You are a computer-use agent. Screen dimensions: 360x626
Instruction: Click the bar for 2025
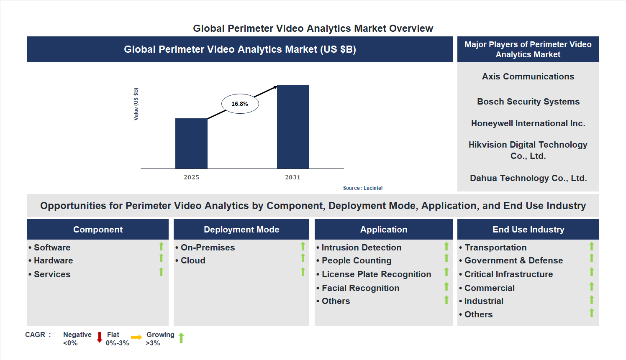(191, 143)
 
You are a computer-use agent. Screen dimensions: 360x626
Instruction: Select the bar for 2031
(293, 127)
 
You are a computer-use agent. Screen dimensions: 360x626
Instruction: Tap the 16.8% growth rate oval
(240, 104)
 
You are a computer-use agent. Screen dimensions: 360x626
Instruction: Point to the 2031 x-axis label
(293, 177)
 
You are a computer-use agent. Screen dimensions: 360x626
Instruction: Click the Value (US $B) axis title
(136, 104)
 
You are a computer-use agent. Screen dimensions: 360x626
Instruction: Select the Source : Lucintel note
(362, 188)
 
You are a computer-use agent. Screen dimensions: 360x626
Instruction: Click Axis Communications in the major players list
(528, 77)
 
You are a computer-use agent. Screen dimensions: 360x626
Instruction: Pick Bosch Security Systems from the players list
(528, 102)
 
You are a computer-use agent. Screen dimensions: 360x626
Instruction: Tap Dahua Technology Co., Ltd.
(528, 178)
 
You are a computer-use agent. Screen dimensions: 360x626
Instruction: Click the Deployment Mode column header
(241, 230)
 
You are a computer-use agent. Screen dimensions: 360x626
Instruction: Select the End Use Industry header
(528, 230)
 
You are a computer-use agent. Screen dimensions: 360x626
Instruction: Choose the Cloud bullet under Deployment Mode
(193, 260)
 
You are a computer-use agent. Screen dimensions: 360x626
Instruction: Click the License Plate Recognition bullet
(376, 274)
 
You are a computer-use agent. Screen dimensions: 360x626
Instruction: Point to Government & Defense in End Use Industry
(513, 260)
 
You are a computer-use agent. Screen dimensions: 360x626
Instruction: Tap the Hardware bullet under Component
(53, 260)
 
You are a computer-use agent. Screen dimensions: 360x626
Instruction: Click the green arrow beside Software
(161, 246)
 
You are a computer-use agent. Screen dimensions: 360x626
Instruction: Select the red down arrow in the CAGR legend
(100, 337)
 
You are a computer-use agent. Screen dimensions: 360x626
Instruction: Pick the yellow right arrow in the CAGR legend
(136, 337)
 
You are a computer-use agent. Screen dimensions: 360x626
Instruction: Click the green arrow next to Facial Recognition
(446, 286)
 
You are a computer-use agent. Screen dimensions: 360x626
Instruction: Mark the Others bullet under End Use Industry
(478, 314)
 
